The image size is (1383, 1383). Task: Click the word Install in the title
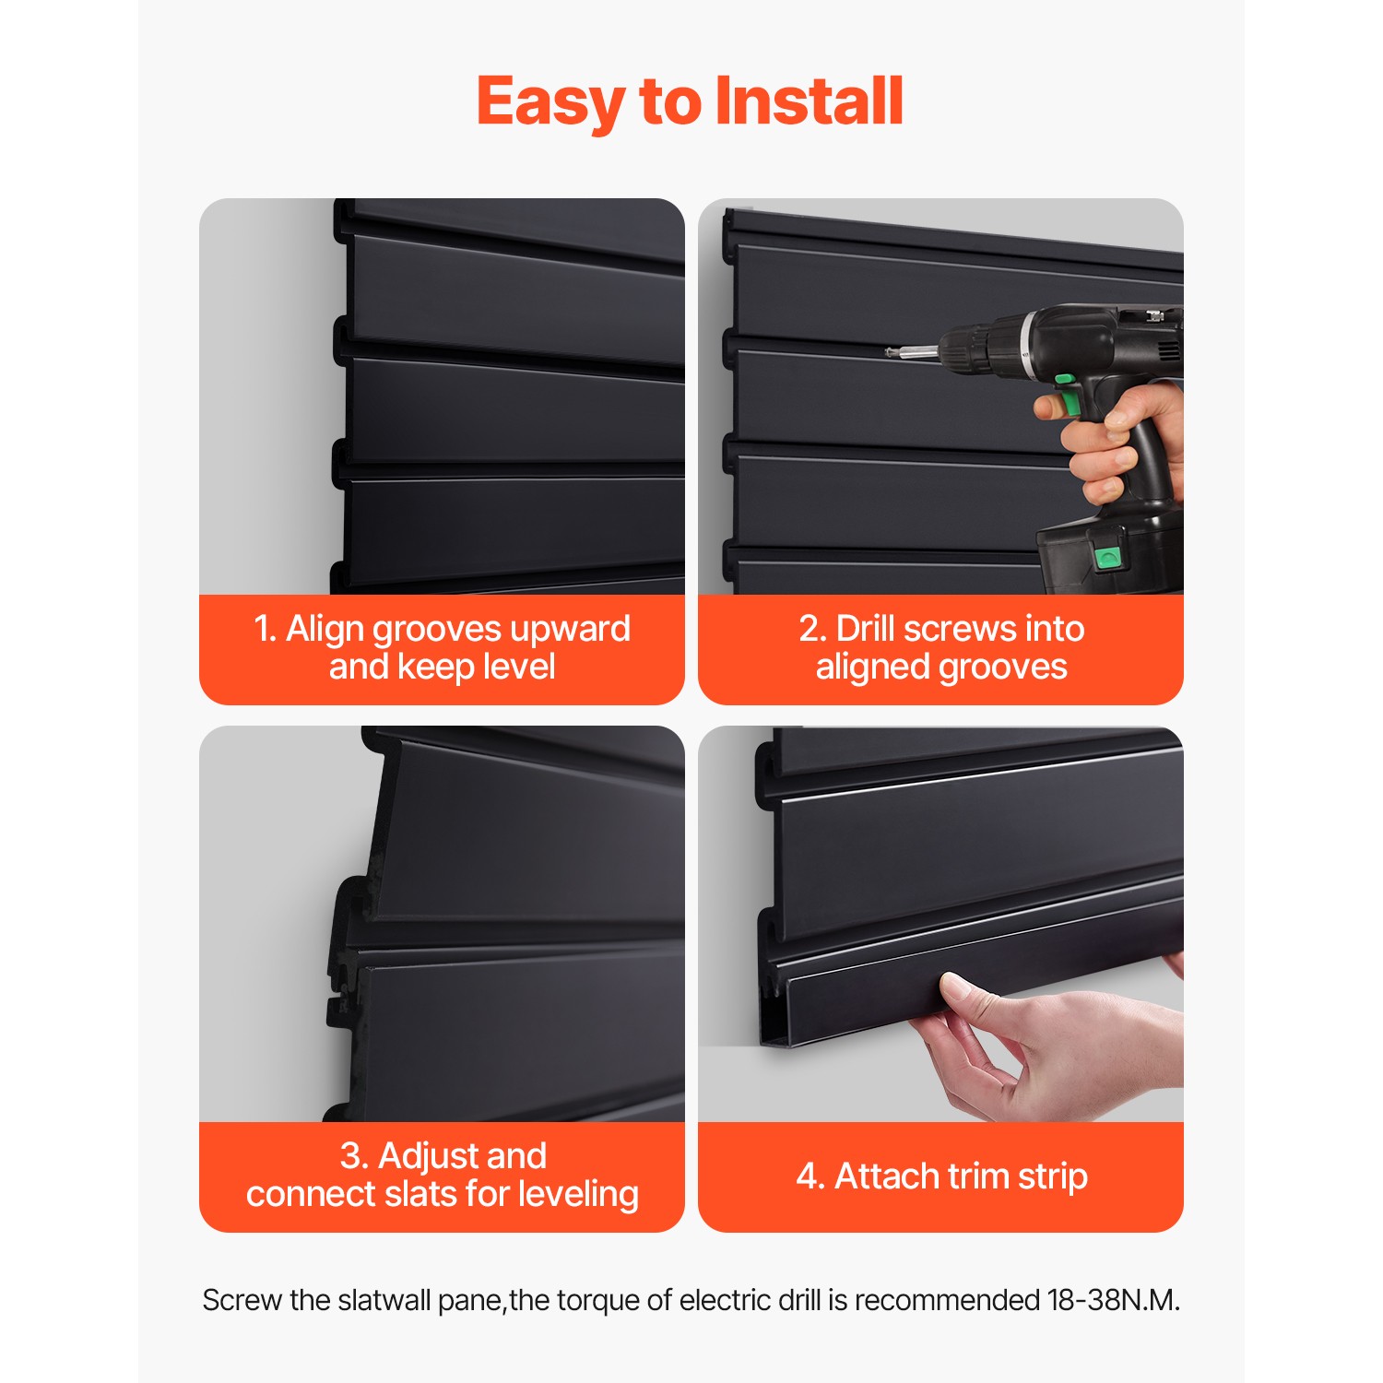click(x=809, y=101)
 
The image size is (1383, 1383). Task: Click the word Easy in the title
click(x=550, y=103)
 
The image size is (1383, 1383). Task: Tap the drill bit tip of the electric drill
click(x=889, y=351)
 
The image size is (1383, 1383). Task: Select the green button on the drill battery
click(x=1106, y=556)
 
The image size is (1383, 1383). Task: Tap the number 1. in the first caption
click(x=266, y=629)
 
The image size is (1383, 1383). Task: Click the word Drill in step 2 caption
click(x=865, y=629)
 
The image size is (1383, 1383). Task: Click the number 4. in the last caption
click(x=810, y=1176)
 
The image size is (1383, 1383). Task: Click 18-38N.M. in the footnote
click(x=1113, y=1300)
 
